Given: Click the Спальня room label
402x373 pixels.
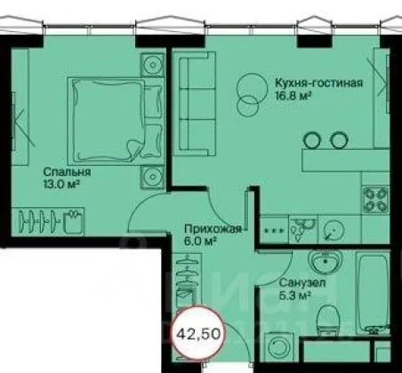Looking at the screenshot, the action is pos(67,172).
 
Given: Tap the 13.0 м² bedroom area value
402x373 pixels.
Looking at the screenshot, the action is pos(61,185).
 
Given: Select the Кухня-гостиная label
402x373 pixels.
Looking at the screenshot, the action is pos(319,83).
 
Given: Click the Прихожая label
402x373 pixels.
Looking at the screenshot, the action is pos(213,229).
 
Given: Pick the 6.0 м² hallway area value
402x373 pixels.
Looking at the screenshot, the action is pos(200,242).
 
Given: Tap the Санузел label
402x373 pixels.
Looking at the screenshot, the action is pos(302,282).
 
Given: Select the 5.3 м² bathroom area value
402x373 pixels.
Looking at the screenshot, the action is pos(294,295).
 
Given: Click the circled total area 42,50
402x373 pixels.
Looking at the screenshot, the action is pos(198,334).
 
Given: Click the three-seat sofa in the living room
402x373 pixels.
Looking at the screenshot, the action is pos(195,103).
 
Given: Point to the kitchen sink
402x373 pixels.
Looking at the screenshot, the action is pos(302,229).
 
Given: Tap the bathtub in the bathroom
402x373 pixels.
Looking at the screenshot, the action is pos(374,293).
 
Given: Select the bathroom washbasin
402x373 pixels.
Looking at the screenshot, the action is pos(325,261).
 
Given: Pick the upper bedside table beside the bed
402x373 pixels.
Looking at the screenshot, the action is pos(152,65).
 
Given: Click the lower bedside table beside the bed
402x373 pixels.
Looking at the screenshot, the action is pos(152,177).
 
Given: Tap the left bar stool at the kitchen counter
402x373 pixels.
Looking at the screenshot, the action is pos(311,140).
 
